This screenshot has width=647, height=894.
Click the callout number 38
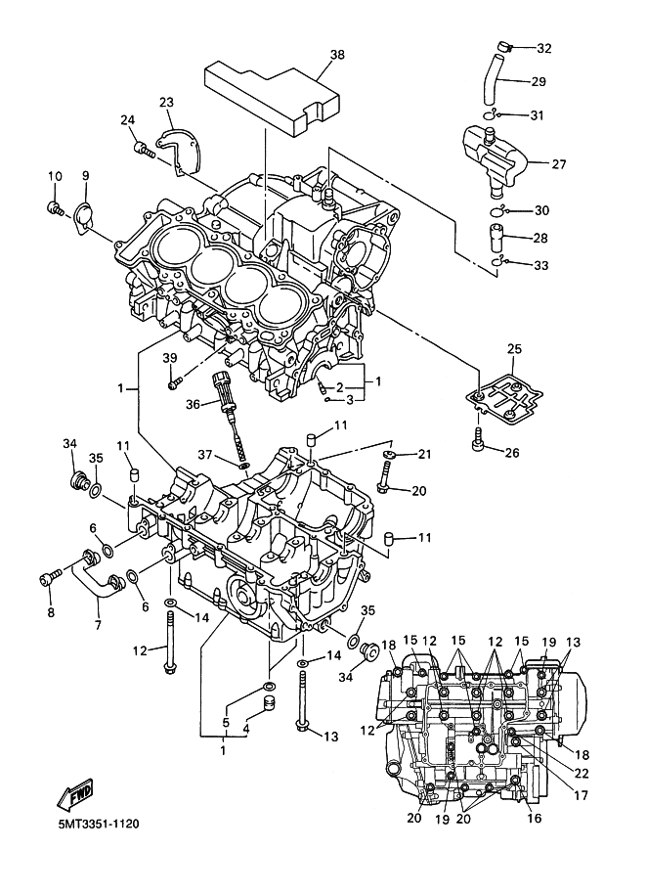337,56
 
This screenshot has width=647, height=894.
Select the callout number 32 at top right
543,48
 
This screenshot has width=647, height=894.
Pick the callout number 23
166,102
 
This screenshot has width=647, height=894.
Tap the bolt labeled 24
143,149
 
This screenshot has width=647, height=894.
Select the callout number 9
85,175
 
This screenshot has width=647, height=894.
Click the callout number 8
51,612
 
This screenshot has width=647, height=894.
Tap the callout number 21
424,454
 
